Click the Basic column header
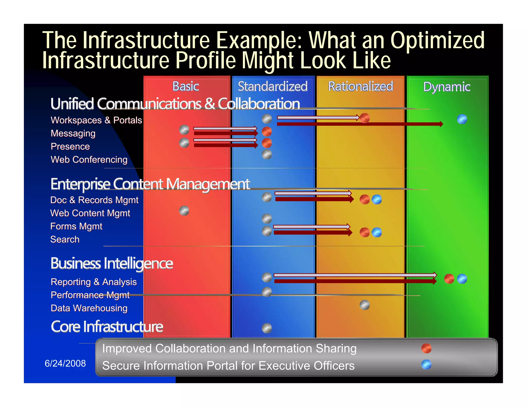(x=186, y=86)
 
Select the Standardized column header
(x=273, y=86)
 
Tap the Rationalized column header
(x=361, y=86)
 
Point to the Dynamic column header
(x=447, y=87)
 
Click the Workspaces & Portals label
(x=96, y=120)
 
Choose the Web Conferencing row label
(x=89, y=160)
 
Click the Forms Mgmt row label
(x=76, y=226)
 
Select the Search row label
(x=65, y=239)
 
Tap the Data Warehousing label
(x=89, y=308)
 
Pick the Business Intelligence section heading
(x=112, y=263)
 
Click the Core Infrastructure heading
(x=107, y=327)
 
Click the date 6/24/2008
(x=65, y=363)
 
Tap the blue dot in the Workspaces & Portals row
(x=462, y=119)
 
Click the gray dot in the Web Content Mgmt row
(x=184, y=211)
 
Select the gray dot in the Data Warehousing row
(x=364, y=305)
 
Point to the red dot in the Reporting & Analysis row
(x=449, y=279)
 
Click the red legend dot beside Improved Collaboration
(x=426, y=348)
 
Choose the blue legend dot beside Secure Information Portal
(x=426, y=365)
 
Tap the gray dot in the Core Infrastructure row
(x=267, y=328)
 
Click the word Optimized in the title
(x=437, y=40)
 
